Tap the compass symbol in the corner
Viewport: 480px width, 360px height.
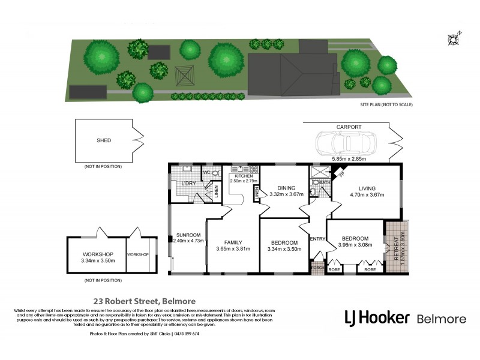point(453,39)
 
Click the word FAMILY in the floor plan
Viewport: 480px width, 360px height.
point(233,242)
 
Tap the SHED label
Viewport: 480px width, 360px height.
point(104,140)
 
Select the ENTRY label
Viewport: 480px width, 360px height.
point(317,239)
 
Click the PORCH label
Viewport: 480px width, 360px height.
point(317,268)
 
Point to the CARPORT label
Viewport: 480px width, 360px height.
point(348,127)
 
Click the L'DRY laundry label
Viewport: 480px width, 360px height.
point(189,184)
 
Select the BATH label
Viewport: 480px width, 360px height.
point(325,182)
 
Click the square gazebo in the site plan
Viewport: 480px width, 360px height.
point(184,75)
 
